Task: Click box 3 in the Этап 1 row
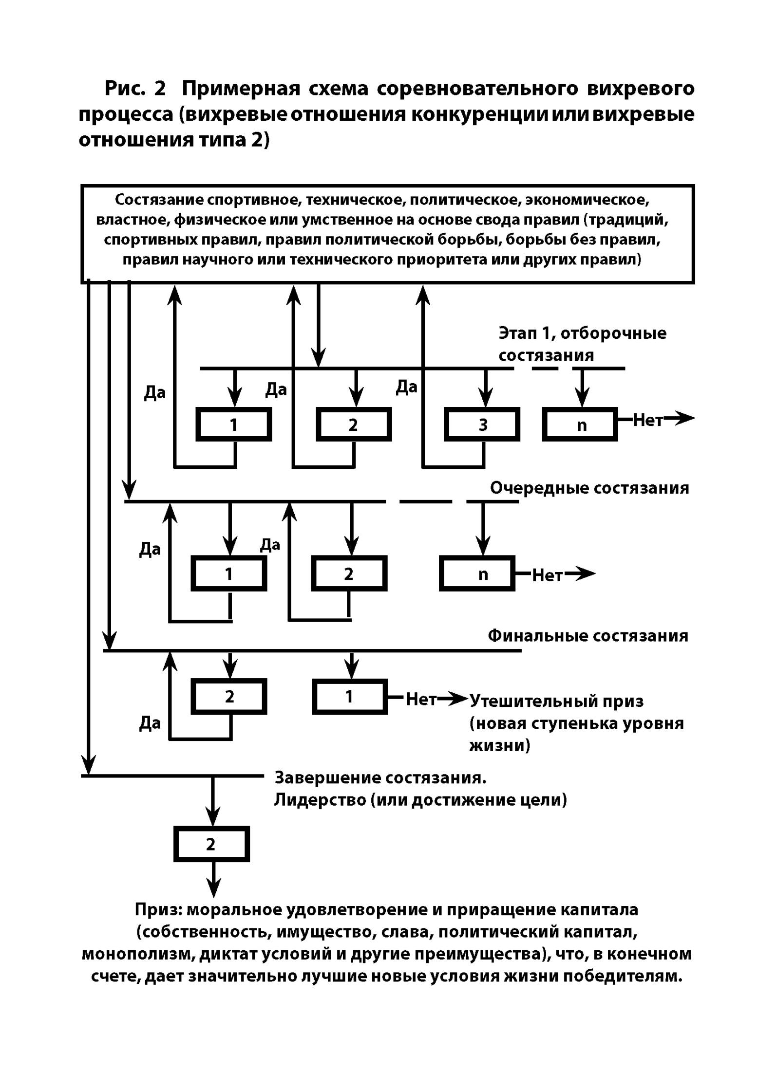coord(482,425)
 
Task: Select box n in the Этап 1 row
coord(580,425)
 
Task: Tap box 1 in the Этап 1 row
coord(233,425)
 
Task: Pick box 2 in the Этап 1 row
coord(354,425)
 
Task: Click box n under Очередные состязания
coord(477,574)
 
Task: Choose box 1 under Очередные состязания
coord(228,574)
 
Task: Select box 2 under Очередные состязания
coord(349,574)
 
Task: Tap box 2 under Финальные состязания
coord(229,697)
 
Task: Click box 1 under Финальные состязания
coord(350,697)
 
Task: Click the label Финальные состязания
coord(588,636)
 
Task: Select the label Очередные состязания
coord(589,488)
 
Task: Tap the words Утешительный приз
coord(557,701)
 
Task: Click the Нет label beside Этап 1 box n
coord(648,421)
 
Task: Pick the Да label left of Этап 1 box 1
coord(154,393)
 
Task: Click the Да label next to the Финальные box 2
coord(150,723)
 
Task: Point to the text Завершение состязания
coord(380,777)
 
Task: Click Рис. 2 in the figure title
coord(135,89)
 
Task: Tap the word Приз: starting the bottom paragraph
coord(158,909)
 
